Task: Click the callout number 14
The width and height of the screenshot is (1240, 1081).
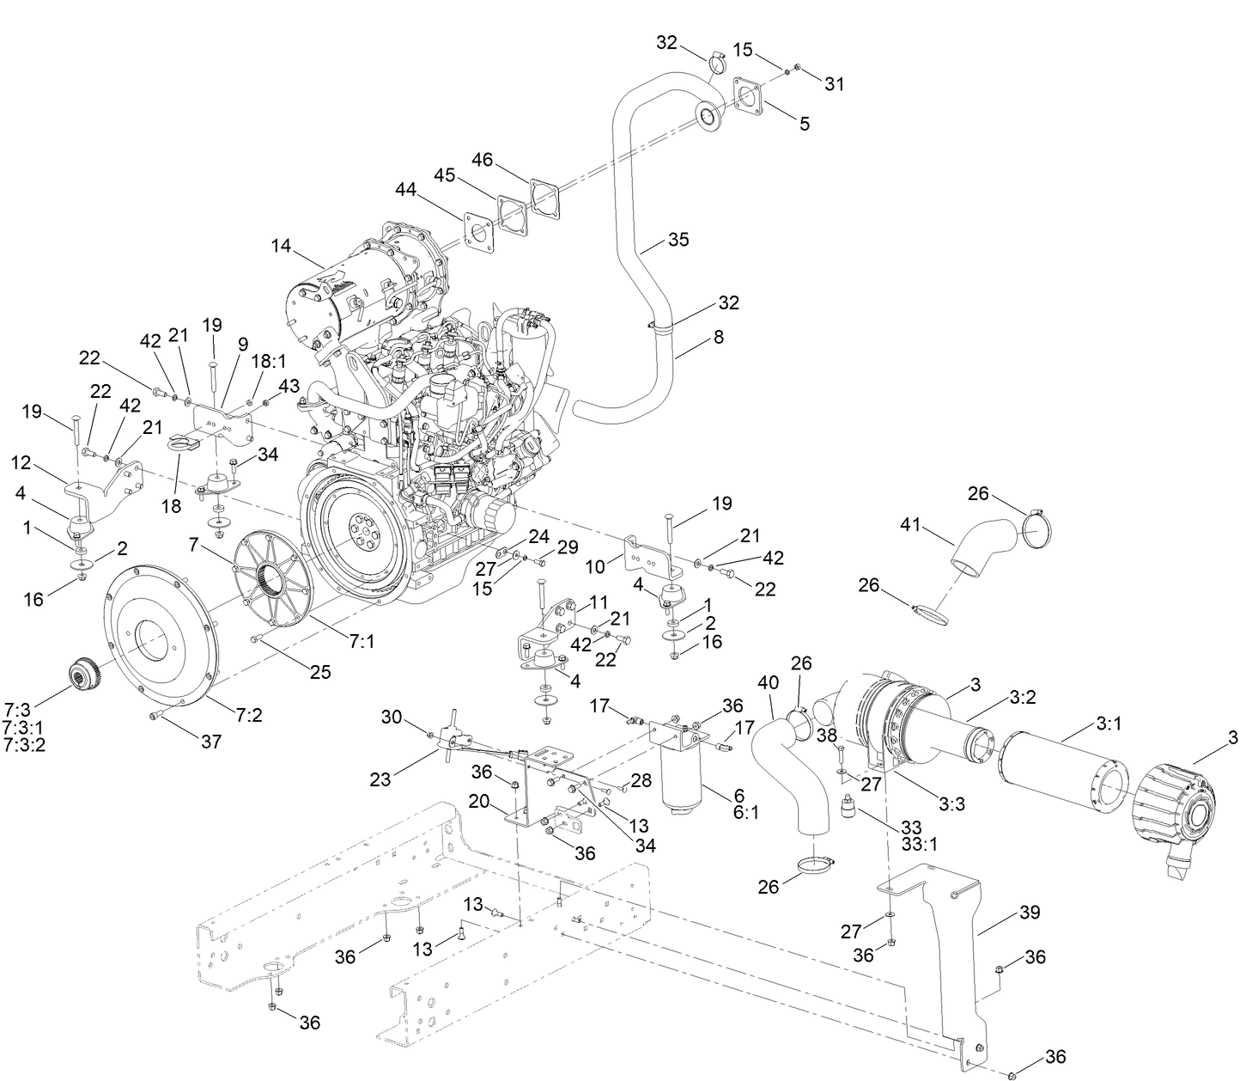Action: pyautogui.click(x=281, y=246)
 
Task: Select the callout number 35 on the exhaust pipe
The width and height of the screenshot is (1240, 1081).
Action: pyautogui.click(x=678, y=240)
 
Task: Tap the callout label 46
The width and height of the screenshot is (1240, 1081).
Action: pyautogui.click(x=483, y=160)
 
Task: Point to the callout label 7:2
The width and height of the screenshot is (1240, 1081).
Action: pyautogui.click(x=249, y=713)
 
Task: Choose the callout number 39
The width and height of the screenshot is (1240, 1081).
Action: pyautogui.click(x=1029, y=913)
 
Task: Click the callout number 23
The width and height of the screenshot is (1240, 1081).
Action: pyautogui.click(x=380, y=779)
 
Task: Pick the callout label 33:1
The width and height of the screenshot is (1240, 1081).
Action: pyautogui.click(x=919, y=844)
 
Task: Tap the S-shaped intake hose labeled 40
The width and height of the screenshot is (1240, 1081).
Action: pyautogui.click(x=786, y=773)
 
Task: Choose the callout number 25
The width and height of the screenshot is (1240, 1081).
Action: pyautogui.click(x=320, y=672)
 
